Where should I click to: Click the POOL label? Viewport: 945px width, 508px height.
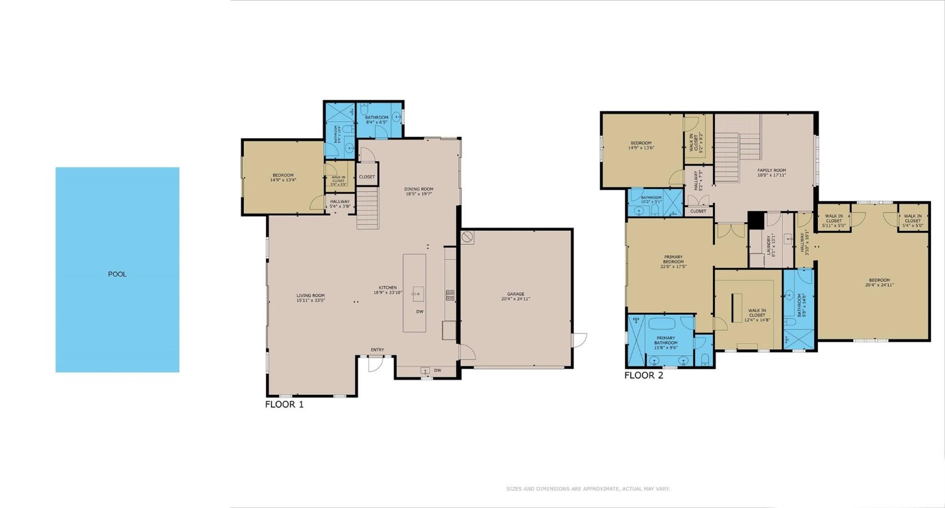(117, 274)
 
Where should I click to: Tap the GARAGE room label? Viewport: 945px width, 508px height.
(516, 296)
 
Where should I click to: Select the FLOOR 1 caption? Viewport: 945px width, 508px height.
(284, 404)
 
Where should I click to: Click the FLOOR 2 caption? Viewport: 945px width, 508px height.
(643, 375)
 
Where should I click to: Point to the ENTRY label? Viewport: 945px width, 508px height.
(377, 350)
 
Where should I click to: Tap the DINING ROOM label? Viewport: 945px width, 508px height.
(419, 191)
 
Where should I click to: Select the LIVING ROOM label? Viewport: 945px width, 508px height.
(311, 298)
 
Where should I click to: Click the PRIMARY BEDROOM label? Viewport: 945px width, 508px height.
(673, 261)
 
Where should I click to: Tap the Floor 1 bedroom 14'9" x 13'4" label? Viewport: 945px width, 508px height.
(284, 177)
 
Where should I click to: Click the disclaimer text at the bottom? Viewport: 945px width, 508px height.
(588, 489)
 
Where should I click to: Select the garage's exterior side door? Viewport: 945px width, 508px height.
(579, 339)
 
